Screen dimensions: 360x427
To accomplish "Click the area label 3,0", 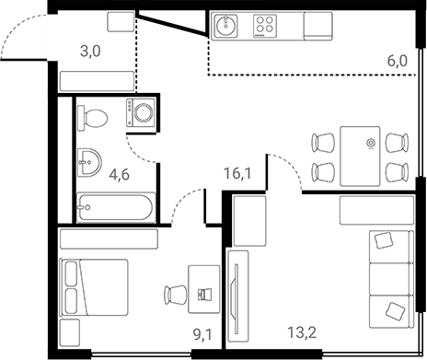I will (90, 51).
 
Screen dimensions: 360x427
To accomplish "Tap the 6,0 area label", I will (397, 62).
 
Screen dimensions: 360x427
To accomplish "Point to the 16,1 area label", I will (238, 173).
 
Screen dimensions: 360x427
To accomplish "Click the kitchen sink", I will (226, 26).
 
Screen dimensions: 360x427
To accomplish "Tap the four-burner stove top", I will (265, 26).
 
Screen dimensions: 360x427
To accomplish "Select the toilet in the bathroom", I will (93, 116).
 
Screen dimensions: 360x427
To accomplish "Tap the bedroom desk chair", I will (174, 295).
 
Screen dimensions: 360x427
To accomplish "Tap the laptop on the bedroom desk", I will (205, 295).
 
